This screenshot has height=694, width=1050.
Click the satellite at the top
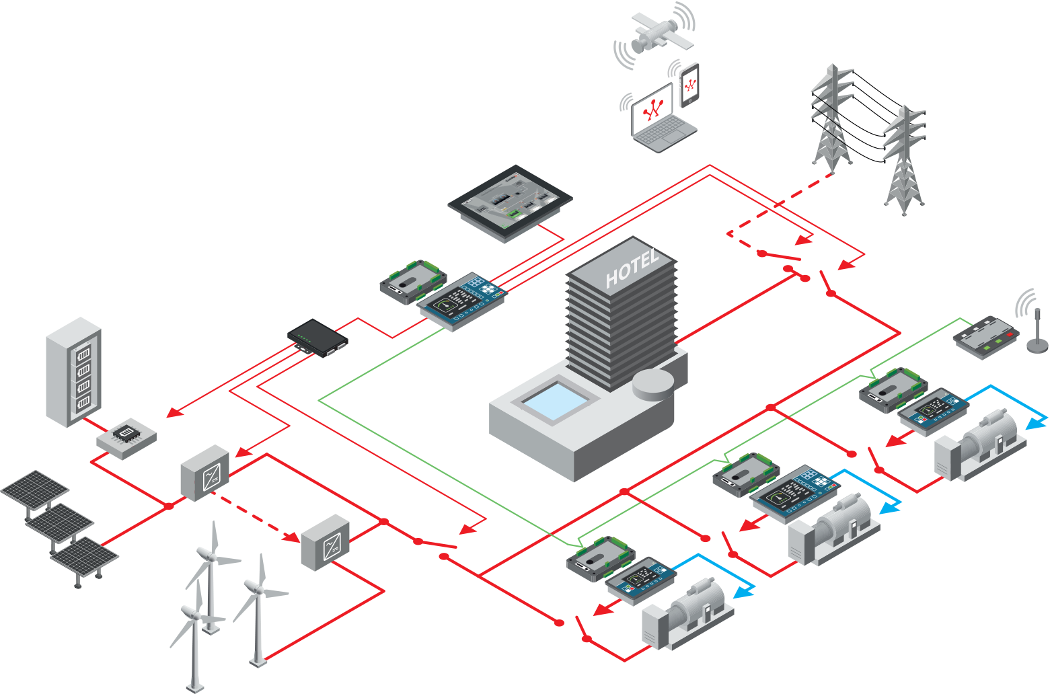(x=654, y=34)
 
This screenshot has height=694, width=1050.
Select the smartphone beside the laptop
(x=689, y=85)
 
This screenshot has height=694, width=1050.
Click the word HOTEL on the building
(x=631, y=269)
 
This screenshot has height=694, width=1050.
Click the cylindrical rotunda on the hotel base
(x=653, y=385)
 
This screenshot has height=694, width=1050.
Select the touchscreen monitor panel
(x=510, y=200)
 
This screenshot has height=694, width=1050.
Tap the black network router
(x=317, y=338)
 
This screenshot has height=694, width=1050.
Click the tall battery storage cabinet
(x=73, y=371)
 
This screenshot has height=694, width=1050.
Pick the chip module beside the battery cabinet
(x=126, y=438)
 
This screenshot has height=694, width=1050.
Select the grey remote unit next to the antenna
(x=985, y=336)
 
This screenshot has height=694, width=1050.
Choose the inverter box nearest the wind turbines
(x=326, y=542)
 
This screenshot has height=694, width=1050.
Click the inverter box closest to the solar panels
(x=205, y=472)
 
